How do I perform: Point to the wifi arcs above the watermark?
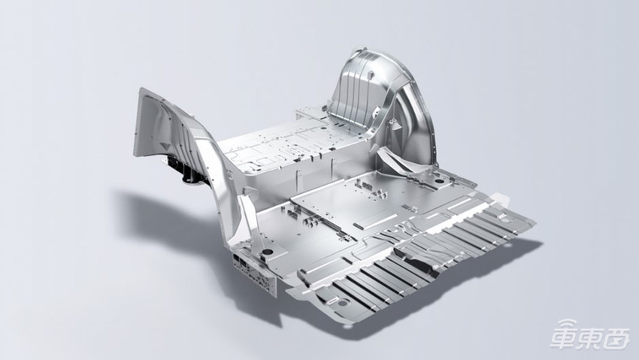point(568,324)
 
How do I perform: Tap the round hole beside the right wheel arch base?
point(440,180)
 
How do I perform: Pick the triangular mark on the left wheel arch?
point(165,145)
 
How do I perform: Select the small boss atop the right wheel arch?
point(370,75)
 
